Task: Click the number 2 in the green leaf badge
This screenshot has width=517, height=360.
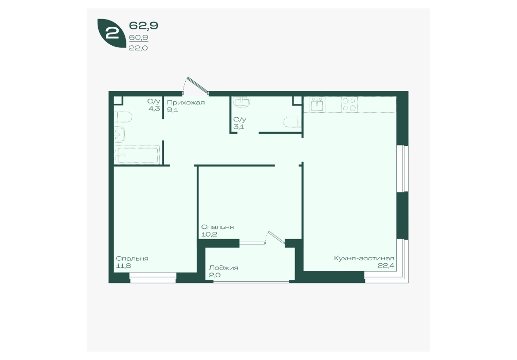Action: (x=113, y=33)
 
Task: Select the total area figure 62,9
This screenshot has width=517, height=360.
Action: (x=143, y=25)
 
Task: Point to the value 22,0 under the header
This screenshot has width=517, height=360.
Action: (x=138, y=48)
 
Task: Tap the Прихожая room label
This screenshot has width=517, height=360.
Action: (x=186, y=102)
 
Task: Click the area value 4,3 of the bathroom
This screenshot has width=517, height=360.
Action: (x=154, y=108)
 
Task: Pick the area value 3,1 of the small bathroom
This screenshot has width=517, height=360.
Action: (x=239, y=127)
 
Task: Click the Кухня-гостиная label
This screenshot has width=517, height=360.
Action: (x=364, y=258)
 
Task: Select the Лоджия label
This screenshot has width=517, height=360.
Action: (x=224, y=267)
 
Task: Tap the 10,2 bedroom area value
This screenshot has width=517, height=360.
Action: (x=209, y=235)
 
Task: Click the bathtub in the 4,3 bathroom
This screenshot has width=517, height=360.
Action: (x=137, y=155)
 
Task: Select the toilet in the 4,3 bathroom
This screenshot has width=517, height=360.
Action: (x=123, y=117)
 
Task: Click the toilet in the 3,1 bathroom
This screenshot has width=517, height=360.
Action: (x=292, y=122)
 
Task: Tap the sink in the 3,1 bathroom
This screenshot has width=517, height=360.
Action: (x=242, y=102)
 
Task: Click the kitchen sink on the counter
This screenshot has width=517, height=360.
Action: (x=317, y=104)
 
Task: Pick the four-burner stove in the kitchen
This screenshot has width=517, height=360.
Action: (x=349, y=104)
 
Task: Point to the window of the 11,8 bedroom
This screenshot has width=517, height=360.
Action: (x=153, y=278)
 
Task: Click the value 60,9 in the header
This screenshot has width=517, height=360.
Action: (x=138, y=38)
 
